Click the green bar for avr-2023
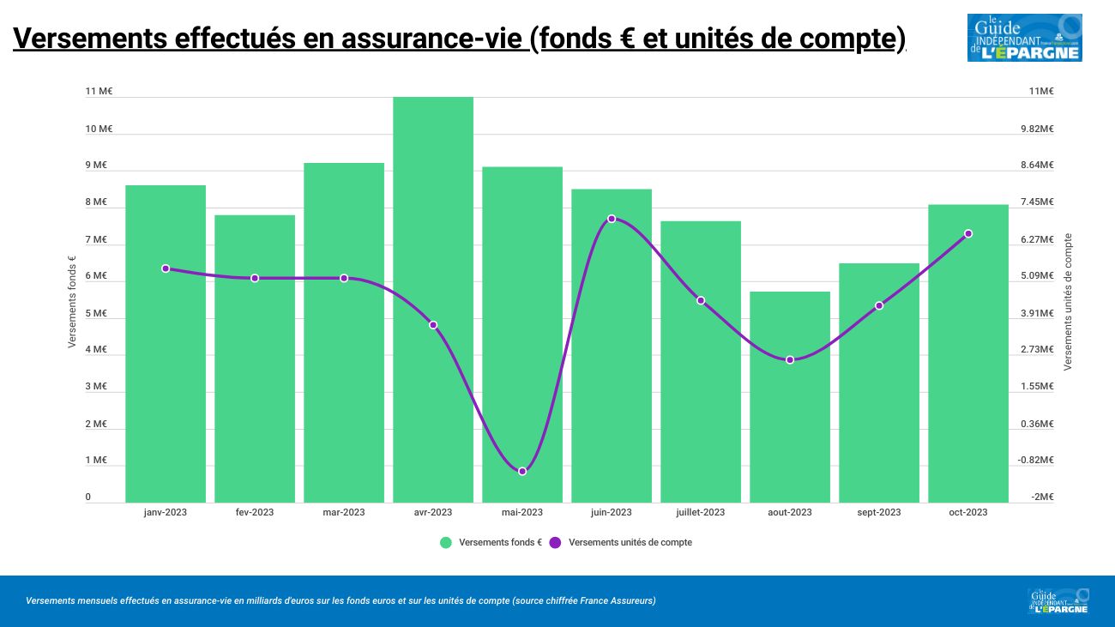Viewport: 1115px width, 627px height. click(x=433, y=299)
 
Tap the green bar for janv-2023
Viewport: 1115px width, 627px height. click(x=166, y=343)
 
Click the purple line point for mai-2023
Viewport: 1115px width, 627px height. click(x=522, y=472)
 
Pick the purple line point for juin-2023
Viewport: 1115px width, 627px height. click(x=612, y=219)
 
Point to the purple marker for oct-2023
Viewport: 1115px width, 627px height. click(x=968, y=233)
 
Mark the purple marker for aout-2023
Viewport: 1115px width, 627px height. click(x=790, y=360)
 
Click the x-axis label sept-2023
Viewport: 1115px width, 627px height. click(x=879, y=513)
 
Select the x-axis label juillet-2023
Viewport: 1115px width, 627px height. click(x=700, y=513)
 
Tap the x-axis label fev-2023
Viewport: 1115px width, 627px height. click(x=255, y=513)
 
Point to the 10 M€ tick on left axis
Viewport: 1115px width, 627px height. click(x=99, y=129)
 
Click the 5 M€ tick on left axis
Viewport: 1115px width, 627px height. click(x=96, y=313)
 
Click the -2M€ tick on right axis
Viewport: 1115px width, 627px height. click(x=1042, y=497)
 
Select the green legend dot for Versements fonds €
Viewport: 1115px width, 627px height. click(x=445, y=542)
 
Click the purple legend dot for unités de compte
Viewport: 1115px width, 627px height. click(x=555, y=542)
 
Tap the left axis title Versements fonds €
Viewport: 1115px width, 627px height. click(x=72, y=303)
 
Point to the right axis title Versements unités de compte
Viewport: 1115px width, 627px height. click(x=1068, y=302)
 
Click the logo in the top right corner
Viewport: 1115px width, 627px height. click(x=1024, y=38)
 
